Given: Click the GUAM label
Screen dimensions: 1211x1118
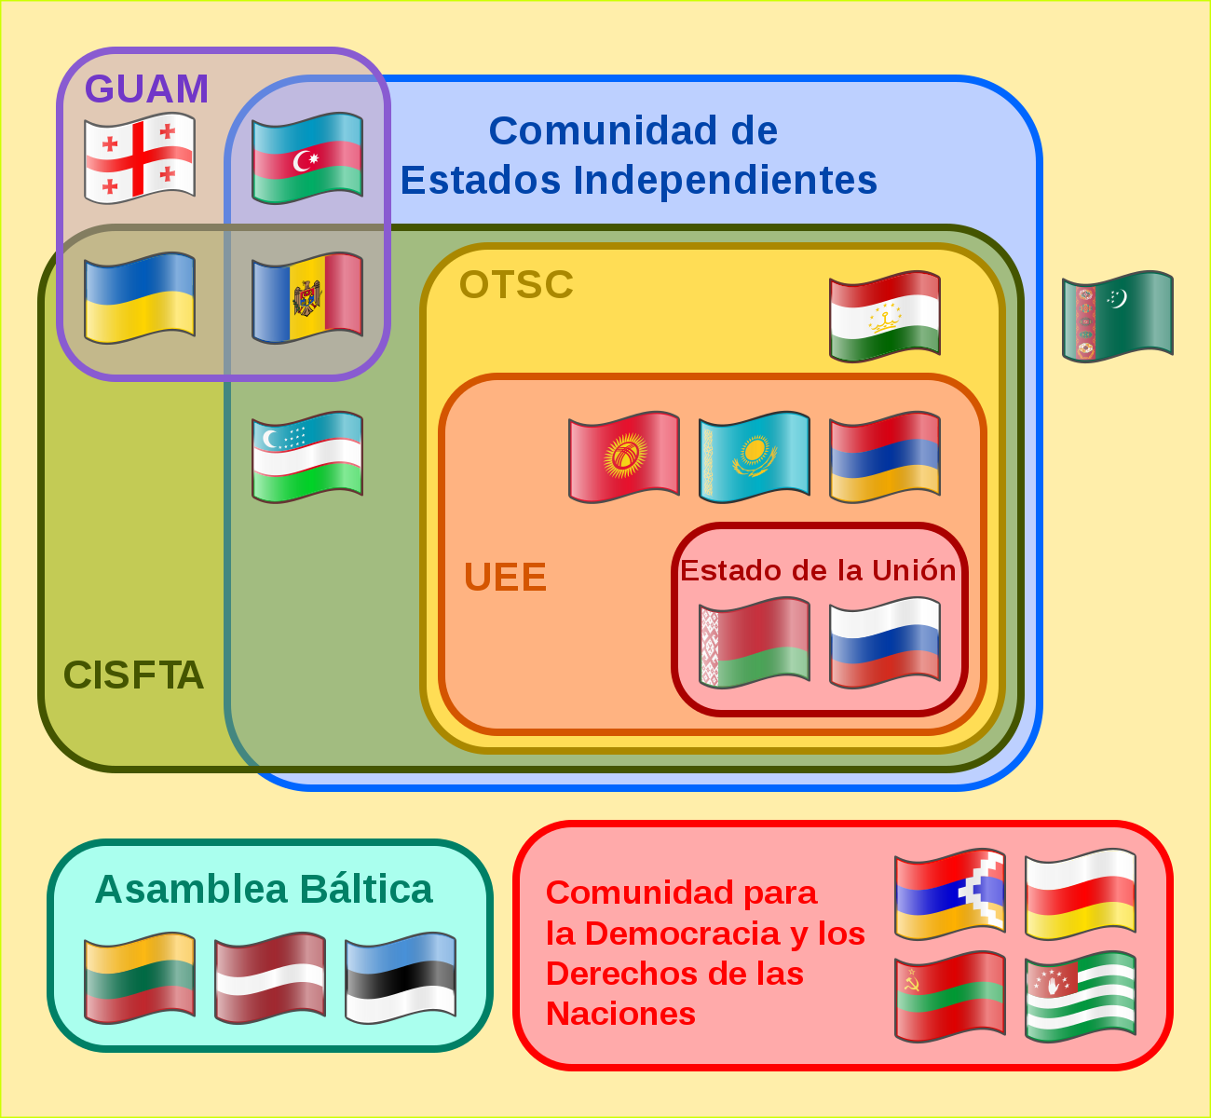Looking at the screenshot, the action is (146, 89).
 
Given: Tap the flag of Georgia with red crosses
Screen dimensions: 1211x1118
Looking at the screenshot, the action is (140, 158).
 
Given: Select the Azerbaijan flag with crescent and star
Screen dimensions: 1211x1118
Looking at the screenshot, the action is (307, 158).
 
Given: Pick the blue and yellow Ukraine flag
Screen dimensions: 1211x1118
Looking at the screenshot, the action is (140, 297).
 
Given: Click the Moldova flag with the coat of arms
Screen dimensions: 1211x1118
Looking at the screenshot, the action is (307, 297).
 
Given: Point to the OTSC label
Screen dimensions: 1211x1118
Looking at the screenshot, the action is (516, 284).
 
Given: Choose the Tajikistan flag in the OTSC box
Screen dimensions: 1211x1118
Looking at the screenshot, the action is (885, 316).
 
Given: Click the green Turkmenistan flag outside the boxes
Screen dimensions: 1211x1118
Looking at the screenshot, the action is (1118, 316).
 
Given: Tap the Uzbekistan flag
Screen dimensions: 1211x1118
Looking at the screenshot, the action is (307, 457).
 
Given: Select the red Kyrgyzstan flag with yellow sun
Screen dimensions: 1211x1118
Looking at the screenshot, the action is (624, 457).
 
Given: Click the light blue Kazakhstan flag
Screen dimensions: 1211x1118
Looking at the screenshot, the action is (755, 457).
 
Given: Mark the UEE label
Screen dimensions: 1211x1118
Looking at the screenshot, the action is (505, 577).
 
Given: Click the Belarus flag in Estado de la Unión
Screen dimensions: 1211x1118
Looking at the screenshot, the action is (755, 643).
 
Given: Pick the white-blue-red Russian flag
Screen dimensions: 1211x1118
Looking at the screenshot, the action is (885, 643).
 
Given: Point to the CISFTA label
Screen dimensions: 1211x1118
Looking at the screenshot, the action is (133, 675).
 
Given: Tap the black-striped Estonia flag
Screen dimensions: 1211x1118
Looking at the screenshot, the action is (401, 977).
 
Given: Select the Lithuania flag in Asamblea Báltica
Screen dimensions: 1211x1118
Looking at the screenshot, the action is (140, 977).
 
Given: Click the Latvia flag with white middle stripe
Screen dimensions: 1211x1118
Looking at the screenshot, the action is (270, 977).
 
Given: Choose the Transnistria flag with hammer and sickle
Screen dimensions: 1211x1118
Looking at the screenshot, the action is (950, 997).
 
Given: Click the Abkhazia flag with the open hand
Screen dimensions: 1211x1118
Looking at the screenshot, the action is (1081, 997).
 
